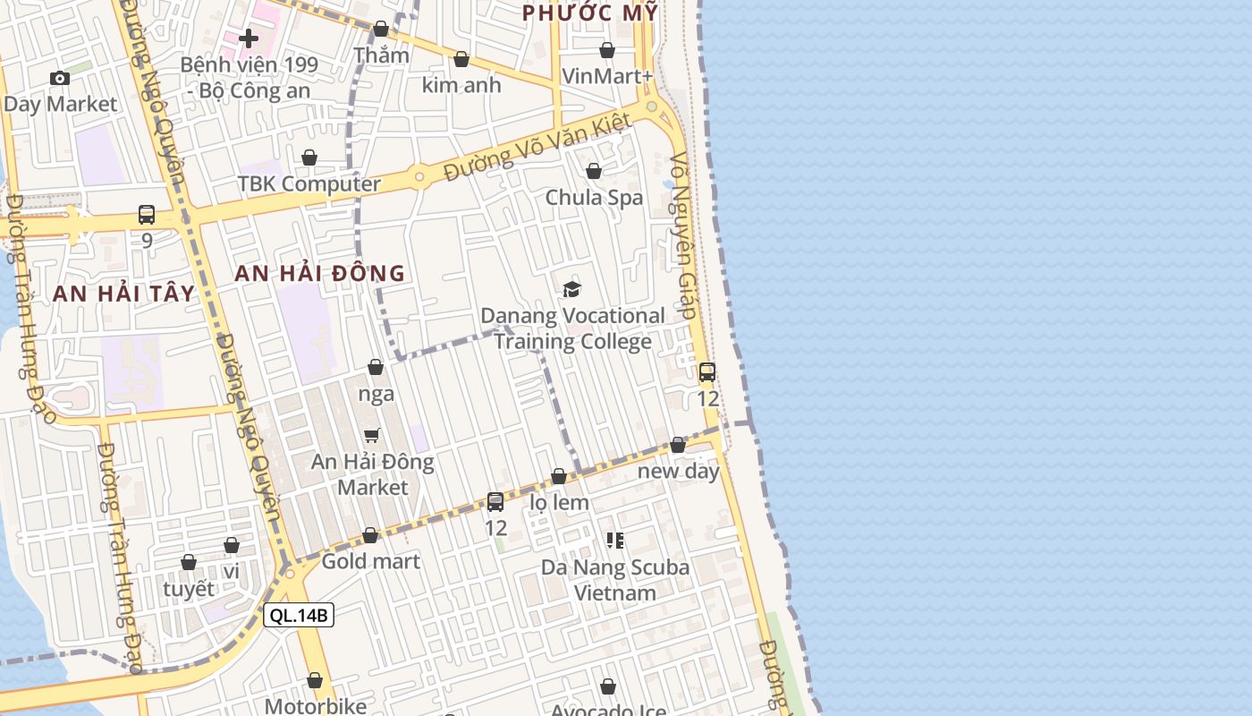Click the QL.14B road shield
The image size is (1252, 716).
299,615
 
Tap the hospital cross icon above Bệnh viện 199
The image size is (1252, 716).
249,38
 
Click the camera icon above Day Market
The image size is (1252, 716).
60,79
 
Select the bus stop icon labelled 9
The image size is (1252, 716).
147,215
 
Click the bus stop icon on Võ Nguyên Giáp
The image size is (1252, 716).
706,372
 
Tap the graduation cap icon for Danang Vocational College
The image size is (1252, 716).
571,289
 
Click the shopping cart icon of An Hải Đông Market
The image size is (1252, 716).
372,435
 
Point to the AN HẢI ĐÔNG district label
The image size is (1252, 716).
320,274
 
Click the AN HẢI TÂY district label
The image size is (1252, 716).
123,294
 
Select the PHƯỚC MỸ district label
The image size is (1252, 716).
590,13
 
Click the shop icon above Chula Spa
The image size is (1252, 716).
594,171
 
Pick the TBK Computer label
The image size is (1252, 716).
309,183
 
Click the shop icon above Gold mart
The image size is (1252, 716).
370,536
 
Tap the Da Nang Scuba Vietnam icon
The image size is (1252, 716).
615,540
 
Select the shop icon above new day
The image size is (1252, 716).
678,445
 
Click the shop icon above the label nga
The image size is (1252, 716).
376,367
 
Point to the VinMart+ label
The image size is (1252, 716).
607,76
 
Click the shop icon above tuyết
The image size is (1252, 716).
189,562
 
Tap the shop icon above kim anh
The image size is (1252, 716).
461,59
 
